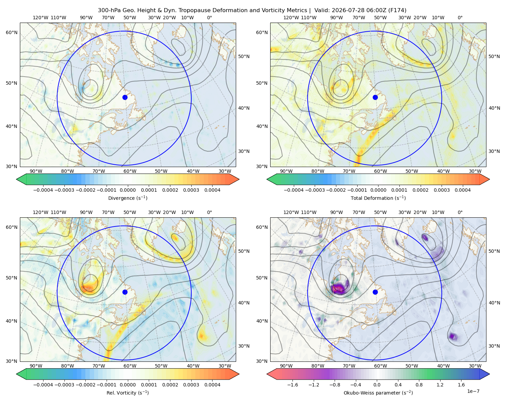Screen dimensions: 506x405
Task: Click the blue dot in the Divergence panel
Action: (125, 97)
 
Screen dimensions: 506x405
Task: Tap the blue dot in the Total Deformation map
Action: (375, 97)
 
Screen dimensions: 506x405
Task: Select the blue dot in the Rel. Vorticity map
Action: (125, 292)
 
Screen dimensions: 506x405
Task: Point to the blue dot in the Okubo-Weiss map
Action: (375, 292)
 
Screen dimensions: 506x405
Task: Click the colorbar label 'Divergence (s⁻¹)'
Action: (128, 198)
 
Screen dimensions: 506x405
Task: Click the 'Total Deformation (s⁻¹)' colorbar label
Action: (378, 198)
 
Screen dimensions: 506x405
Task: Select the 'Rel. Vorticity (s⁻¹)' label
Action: (128, 393)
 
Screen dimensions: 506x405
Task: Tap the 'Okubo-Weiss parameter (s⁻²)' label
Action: (378, 393)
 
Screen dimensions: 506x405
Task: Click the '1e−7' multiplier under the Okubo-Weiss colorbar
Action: (473, 391)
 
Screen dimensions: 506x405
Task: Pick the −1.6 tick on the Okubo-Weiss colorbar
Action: (292, 385)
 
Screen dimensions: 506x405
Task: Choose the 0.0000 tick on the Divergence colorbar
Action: (128, 190)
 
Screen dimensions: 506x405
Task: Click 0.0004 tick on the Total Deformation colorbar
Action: (462, 190)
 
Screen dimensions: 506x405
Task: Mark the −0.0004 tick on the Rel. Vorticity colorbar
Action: (43, 385)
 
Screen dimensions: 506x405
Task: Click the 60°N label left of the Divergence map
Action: (11, 32)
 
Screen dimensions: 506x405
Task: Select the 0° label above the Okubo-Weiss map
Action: (460, 212)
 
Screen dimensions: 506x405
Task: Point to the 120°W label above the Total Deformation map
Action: (291, 18)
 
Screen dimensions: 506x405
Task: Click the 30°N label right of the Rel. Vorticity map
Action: (244, 346)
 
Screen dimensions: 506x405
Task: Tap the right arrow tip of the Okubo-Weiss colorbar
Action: (489, 374)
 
